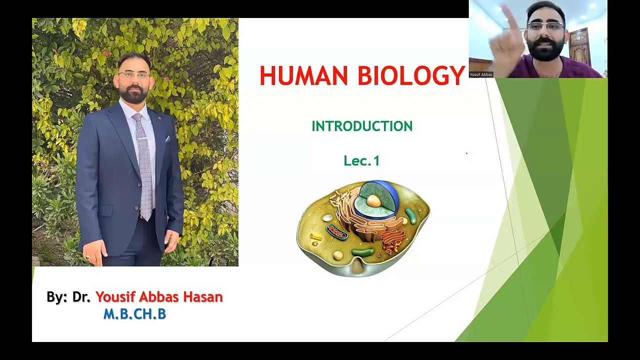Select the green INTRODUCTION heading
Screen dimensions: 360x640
tap(362, 126)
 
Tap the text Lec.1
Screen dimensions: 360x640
tap(361, 161)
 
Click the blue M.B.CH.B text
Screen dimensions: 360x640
tap(134, 314)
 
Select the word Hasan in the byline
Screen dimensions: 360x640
tap(202, 297)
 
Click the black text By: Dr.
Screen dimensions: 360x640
tap(68, 297)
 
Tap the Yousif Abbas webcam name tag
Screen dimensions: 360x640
tap(481, 74)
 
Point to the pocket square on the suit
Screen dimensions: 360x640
tap(167, 139)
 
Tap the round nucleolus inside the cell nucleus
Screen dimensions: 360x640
tap(373, 200)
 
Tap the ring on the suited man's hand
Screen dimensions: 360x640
tap(88, 257)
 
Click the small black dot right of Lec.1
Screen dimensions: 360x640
tap(466, 153)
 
